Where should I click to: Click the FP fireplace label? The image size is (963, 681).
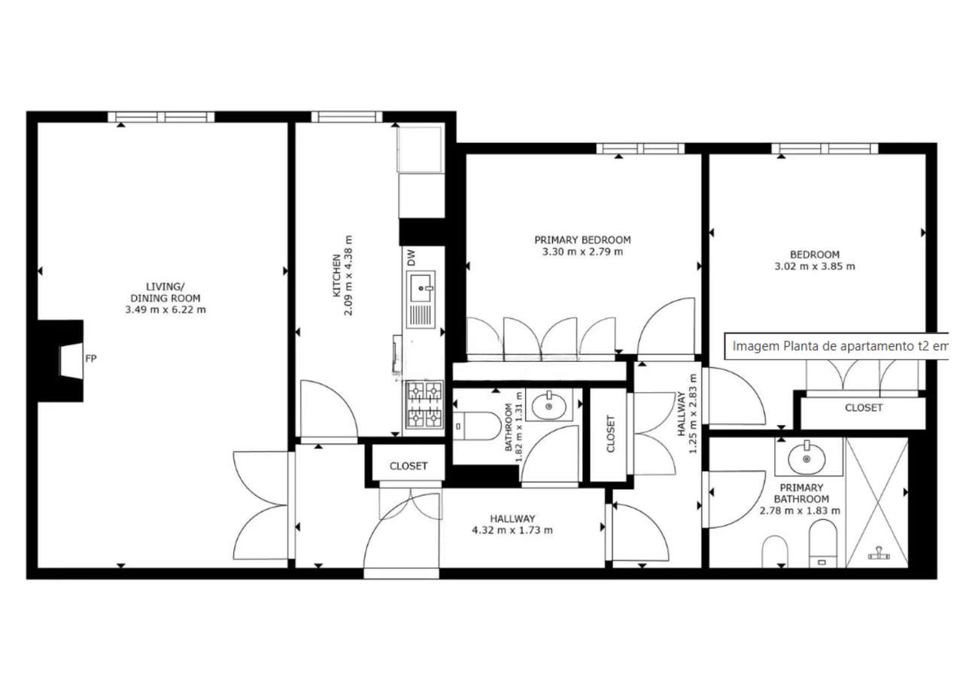pyautogui.click(x=91, y=358)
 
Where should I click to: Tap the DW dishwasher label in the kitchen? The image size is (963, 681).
pyautogui.click(x=412, y=257)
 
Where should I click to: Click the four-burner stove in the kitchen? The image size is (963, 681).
pyautogui.click(x=425, y=404)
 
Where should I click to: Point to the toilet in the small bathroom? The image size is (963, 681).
pyautogui.click(x=476, y=426)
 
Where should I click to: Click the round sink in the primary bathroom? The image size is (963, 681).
pyautogui.click(x=806, y=458)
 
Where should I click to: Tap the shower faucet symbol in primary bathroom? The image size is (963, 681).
pyautogui.click(x=879, y=553)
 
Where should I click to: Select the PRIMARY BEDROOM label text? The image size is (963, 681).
pyautogui.click(x=582, y=240)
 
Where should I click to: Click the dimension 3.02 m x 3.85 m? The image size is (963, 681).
pyautogui.click(x=815, y=266)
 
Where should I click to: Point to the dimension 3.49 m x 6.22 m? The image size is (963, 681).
pyautogui.click(x=166, y=309)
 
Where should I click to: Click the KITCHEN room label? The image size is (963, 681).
pyautogui.click(x=336, y=275)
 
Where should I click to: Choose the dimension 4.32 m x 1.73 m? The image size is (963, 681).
pyautogui.click(x=512, y=530)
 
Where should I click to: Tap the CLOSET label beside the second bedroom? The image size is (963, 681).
pyautogui.click(x=864, y=408)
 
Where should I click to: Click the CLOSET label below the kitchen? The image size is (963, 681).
pyautogui.click(x=409, y=466)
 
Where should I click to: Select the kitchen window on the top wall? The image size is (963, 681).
pyautogui.click(x=347, y=117)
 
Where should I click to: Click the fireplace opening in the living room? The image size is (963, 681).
pyautogui.click(x=71, y=361)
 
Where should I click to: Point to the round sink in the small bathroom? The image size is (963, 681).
pyautogui.click(x=549, y=406)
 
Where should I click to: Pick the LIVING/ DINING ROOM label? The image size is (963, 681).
pyautogui.click(x=166, y=293)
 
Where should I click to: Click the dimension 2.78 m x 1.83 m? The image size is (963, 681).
pyautogui.click(x=800, y=511)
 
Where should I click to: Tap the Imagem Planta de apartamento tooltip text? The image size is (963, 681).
pyautogui.click(x=840, y=346)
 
